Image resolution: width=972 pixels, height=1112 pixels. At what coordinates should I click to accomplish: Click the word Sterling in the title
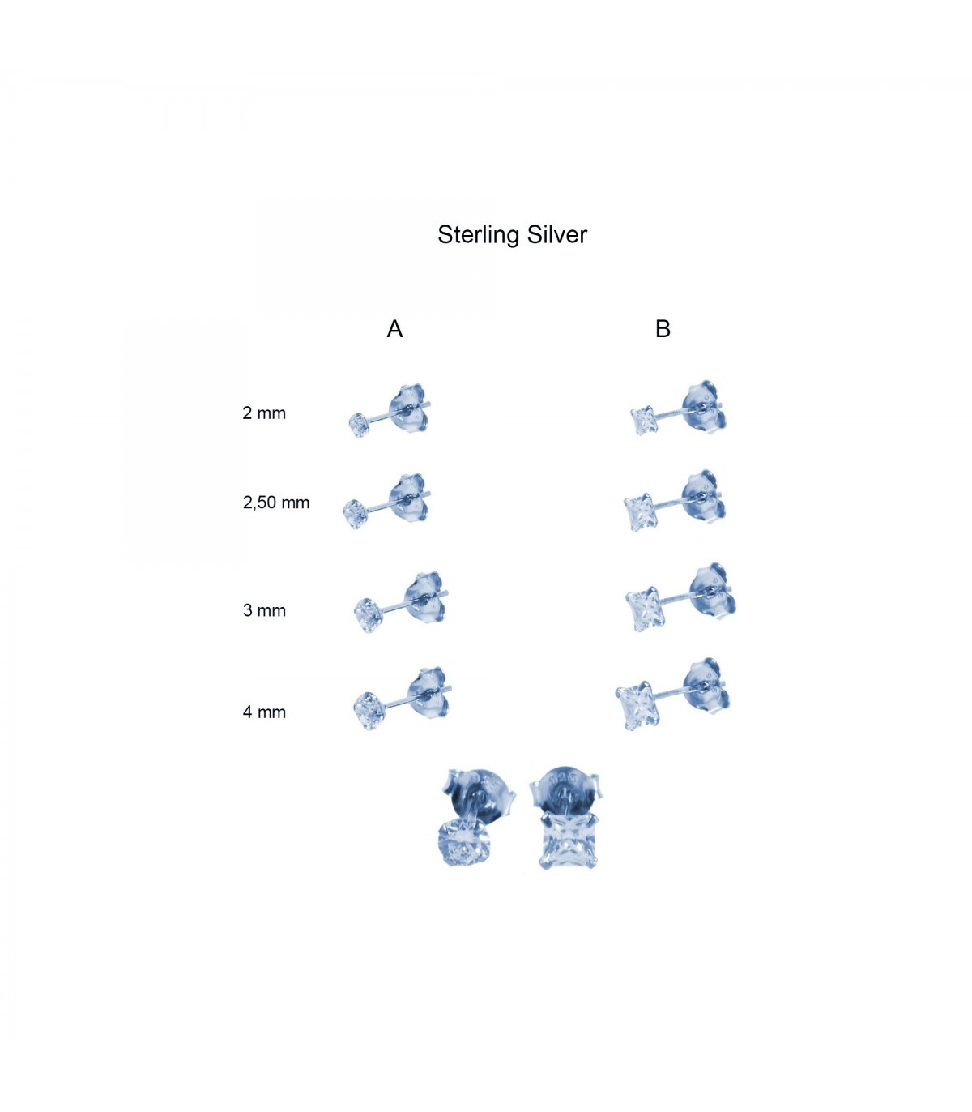point(478,235)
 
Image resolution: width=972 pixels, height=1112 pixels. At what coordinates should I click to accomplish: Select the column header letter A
point(394,329)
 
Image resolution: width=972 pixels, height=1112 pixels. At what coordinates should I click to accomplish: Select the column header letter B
point(663,329)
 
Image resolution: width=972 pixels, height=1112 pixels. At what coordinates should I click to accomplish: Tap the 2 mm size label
point(264,413)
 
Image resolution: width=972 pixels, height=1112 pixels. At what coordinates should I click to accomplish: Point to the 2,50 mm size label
point(276,503)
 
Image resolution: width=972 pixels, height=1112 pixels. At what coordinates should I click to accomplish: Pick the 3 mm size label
point(264,610)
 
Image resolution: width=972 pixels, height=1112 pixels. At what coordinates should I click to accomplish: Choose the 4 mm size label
point(264,712)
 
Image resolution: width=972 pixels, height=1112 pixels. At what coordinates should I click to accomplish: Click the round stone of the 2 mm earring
point(359,425)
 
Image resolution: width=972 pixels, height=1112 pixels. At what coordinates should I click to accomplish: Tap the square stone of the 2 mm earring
point(645,421)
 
